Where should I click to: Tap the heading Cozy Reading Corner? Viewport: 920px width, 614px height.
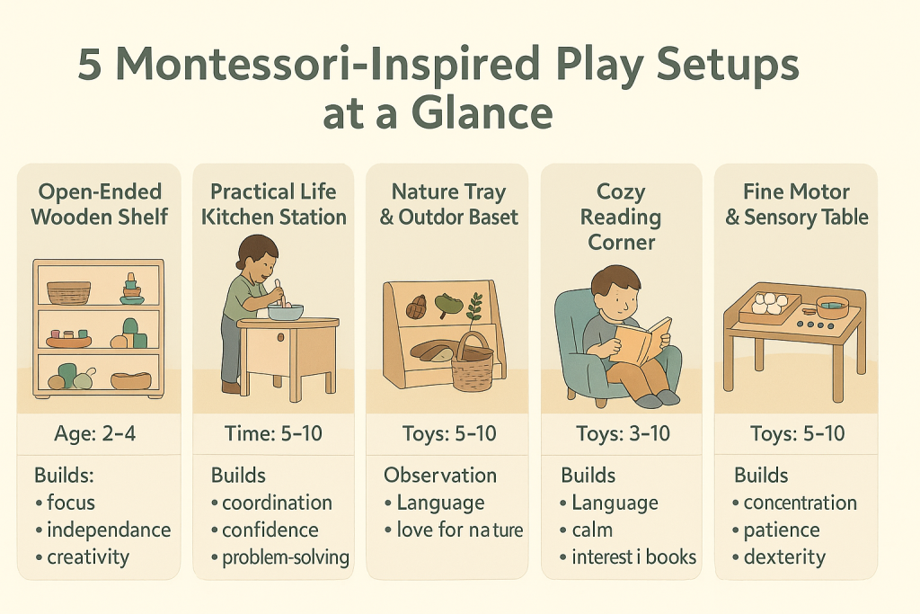pos(621,217)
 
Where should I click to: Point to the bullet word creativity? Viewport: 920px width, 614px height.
pos(88,556)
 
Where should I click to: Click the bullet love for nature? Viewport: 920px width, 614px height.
pos(459,529)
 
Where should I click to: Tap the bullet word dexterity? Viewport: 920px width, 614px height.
pos(784,556)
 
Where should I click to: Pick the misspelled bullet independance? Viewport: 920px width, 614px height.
pos(108,529)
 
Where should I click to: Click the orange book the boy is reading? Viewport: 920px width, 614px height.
pos(640,340)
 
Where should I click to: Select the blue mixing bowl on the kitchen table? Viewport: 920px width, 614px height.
pos(286,311)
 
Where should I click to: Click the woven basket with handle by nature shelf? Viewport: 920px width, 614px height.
pos(473,365)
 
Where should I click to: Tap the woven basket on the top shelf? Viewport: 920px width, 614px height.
pos(69,292)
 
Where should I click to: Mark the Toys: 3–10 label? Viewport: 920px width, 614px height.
pos(621,434)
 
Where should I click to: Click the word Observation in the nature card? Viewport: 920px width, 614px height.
pos(440,475)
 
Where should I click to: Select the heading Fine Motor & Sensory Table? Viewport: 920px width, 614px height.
pos(796,204)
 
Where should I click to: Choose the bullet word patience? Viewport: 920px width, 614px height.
pos(782,529)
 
